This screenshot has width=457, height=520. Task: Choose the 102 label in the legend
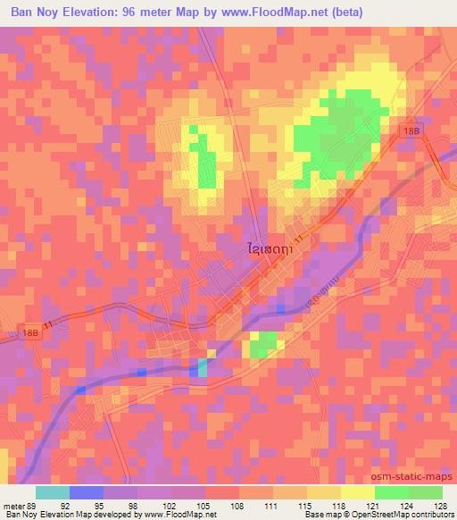pos(171,504)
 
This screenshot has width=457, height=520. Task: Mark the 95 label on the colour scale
pos(104,504)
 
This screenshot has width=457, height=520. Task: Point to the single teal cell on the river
pos(202,366)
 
